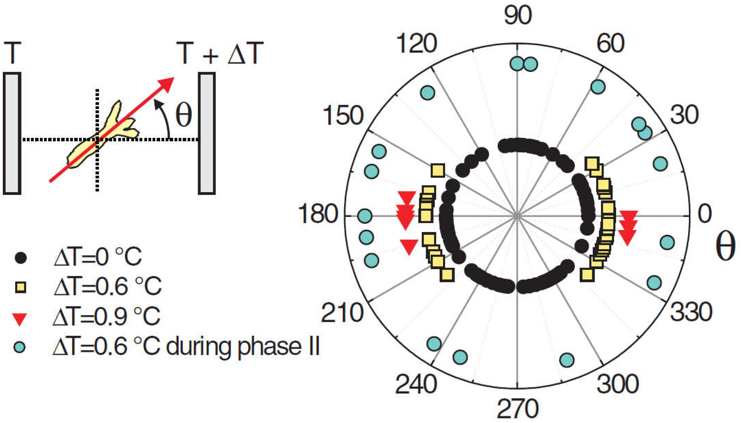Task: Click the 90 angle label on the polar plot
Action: tap(518, 15)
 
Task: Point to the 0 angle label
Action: tap(704, 214)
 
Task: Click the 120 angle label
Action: tap(416, 43)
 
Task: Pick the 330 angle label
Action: tap(691, 312)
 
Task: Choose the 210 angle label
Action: tap(342, 313)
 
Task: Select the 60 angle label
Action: tap(610, 43)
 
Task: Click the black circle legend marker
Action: tap(21, 258)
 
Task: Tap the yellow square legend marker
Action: tap(21, 287)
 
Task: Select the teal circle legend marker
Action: tap(20, 347)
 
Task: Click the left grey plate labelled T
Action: tap(12, 133)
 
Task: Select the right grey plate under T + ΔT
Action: tap(207, 133)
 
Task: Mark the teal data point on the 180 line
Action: tap(365, 216)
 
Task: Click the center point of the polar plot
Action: tap(517, 216)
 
